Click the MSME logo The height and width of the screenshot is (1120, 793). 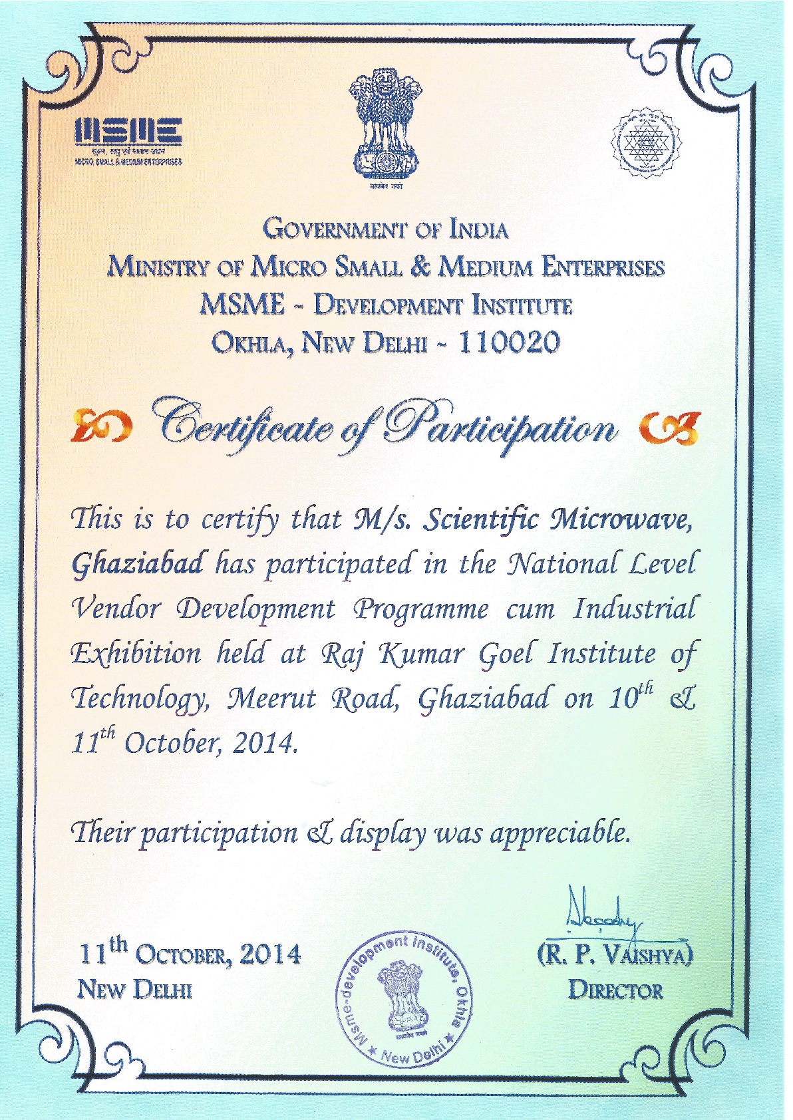coord(128,139)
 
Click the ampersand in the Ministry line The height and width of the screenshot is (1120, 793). coord(420,266)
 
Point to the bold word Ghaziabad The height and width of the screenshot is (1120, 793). coord(139,564)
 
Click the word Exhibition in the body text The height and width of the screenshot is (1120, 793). coord(136,654)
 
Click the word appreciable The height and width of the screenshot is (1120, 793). coord(559,833)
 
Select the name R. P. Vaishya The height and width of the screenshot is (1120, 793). coord(615,954)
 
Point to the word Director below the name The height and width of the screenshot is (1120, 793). coord(615,991)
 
